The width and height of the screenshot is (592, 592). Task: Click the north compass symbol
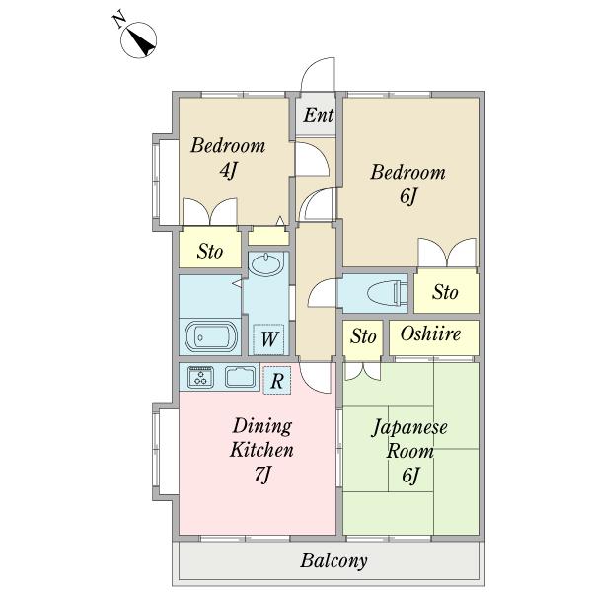click(x=138, y=39)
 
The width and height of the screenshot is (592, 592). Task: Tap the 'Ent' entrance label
click(x=319, y=115)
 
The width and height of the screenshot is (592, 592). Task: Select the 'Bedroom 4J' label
click(x=228, y=158)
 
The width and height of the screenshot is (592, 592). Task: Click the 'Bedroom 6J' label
click(x=408, y=185)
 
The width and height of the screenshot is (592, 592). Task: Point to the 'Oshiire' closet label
click(x=430, y=333)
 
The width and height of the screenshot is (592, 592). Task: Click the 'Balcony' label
click(x=333, y=561)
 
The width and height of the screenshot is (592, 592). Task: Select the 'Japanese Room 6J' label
click(x=409, y=452)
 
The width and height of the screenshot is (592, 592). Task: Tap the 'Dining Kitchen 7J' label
click(x=262, y=450)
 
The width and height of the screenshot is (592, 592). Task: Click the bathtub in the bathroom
click(x=211, y=336)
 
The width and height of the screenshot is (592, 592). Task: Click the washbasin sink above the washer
click(x=266, y=264)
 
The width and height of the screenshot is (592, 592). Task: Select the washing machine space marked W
click(x=268, y=339)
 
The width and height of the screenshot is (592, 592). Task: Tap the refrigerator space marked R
click(x=277, y=381)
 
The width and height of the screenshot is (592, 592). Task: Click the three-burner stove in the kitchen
click(x=201, y=377)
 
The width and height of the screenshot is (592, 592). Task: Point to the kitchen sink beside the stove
click(x=241, y=377)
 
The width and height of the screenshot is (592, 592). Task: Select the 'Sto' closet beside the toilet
click(x=446, y=291)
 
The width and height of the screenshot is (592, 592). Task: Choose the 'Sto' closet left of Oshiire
click(x=363, y=337)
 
